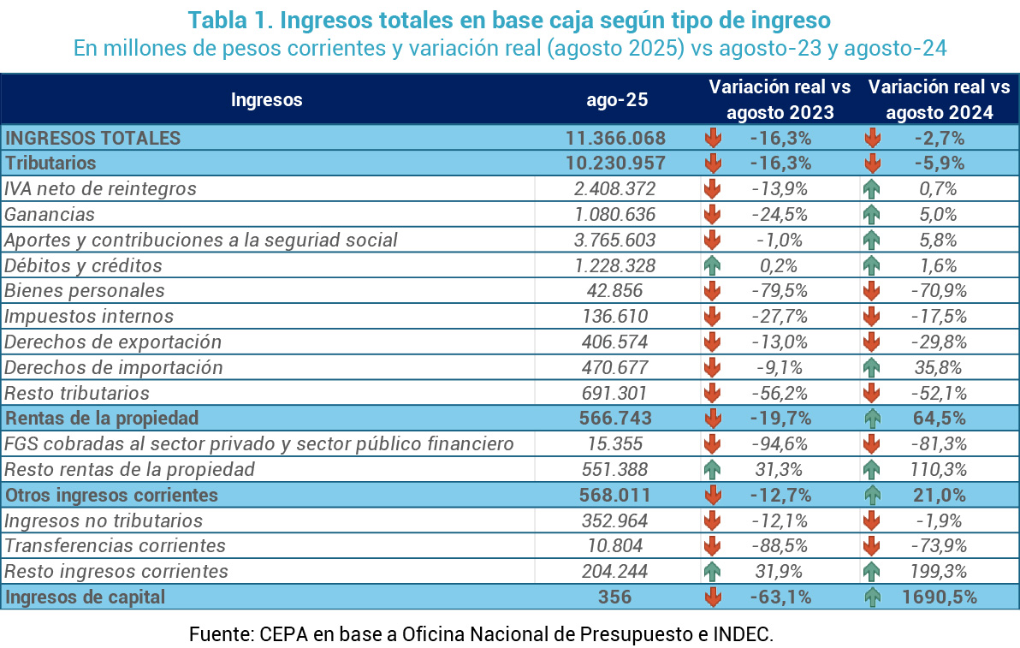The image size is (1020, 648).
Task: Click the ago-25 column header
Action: click(617, 99)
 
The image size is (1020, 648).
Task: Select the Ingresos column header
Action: click(266, 99)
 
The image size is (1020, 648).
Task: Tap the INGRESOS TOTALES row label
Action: click(92, 138)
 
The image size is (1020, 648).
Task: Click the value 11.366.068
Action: click(616, 138)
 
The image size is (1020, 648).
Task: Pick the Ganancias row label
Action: click(50, 214)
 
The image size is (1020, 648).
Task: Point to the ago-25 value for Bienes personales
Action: click(616, 291)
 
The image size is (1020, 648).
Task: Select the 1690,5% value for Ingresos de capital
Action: click(939, 597)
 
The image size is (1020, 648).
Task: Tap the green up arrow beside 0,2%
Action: click(712, 265)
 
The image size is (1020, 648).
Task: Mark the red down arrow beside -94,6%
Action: click(712, 444)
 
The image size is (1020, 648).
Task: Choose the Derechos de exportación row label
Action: click(113, 342)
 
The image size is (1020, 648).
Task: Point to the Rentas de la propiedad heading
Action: click(102, 419)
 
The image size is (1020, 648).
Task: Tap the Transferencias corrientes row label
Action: click(115, 546)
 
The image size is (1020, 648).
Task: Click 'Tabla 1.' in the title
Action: click(224, 19)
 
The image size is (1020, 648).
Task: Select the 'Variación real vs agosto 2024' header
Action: click(939, 99)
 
